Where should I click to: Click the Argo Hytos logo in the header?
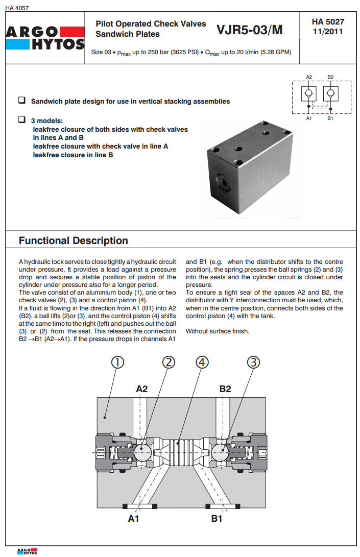point(44,38)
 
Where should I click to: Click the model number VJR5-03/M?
point(249,30)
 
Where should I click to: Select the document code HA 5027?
point(328,22)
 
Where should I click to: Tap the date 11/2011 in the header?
point(328,31)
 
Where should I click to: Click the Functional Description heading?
point(74,240)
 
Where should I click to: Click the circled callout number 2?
point(169,362)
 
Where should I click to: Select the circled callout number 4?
point(203,362)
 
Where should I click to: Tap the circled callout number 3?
point(254,362)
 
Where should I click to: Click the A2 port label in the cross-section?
point(142,389)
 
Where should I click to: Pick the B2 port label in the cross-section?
point(225,389)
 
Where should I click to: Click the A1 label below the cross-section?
point(134,519)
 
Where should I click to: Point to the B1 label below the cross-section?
point(217,519)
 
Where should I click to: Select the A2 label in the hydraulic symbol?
point(309,77)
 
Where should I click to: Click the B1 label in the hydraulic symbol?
point(330,118)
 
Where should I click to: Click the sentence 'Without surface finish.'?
point(217,331)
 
